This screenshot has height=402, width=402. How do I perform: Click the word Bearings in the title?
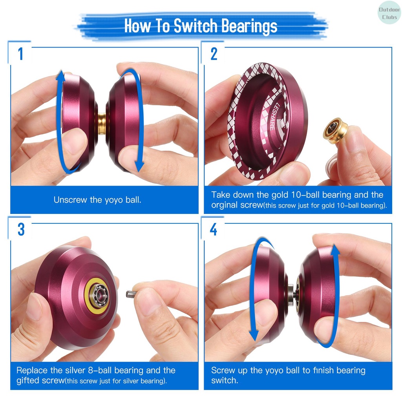tap(249, 26)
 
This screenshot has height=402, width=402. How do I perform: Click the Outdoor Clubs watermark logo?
tap(389, 13)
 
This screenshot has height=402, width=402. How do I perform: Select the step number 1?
tap(20, 54)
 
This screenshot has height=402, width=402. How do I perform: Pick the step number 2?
tap(214, 54)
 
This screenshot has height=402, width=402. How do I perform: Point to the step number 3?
tap(21, 229)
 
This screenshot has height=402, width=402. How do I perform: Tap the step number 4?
tap(214, 229)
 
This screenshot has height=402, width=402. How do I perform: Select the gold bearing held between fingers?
tap(335, 130)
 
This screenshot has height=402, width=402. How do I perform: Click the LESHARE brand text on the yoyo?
tap(274, 116)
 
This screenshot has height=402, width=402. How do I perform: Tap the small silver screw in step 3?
tap(131, 294)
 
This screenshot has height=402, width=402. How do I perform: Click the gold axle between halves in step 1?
tap(102, 123)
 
